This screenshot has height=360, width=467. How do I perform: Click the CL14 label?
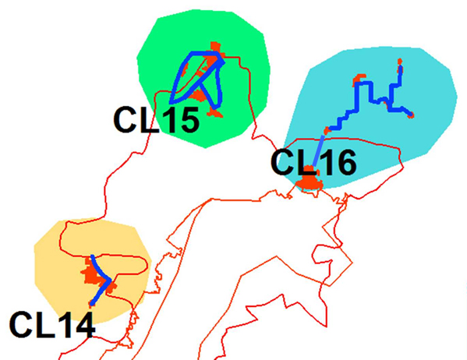point(52,324)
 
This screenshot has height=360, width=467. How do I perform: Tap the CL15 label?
point(157,120)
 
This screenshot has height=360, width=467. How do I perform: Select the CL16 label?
point(313,163)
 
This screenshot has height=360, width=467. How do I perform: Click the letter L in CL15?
point(146,120)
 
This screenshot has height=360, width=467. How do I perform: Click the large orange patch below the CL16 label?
point(310,180)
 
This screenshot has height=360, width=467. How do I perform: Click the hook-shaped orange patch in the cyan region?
point(358,79)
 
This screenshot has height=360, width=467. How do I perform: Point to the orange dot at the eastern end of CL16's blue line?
point(411,115)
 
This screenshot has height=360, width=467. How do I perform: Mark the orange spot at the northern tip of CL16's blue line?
point(400,62)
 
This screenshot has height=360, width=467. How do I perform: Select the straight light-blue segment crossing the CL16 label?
point(319,150)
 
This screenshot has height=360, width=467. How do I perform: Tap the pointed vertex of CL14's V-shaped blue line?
point(110,281)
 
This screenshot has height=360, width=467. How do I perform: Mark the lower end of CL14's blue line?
point(92,304)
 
